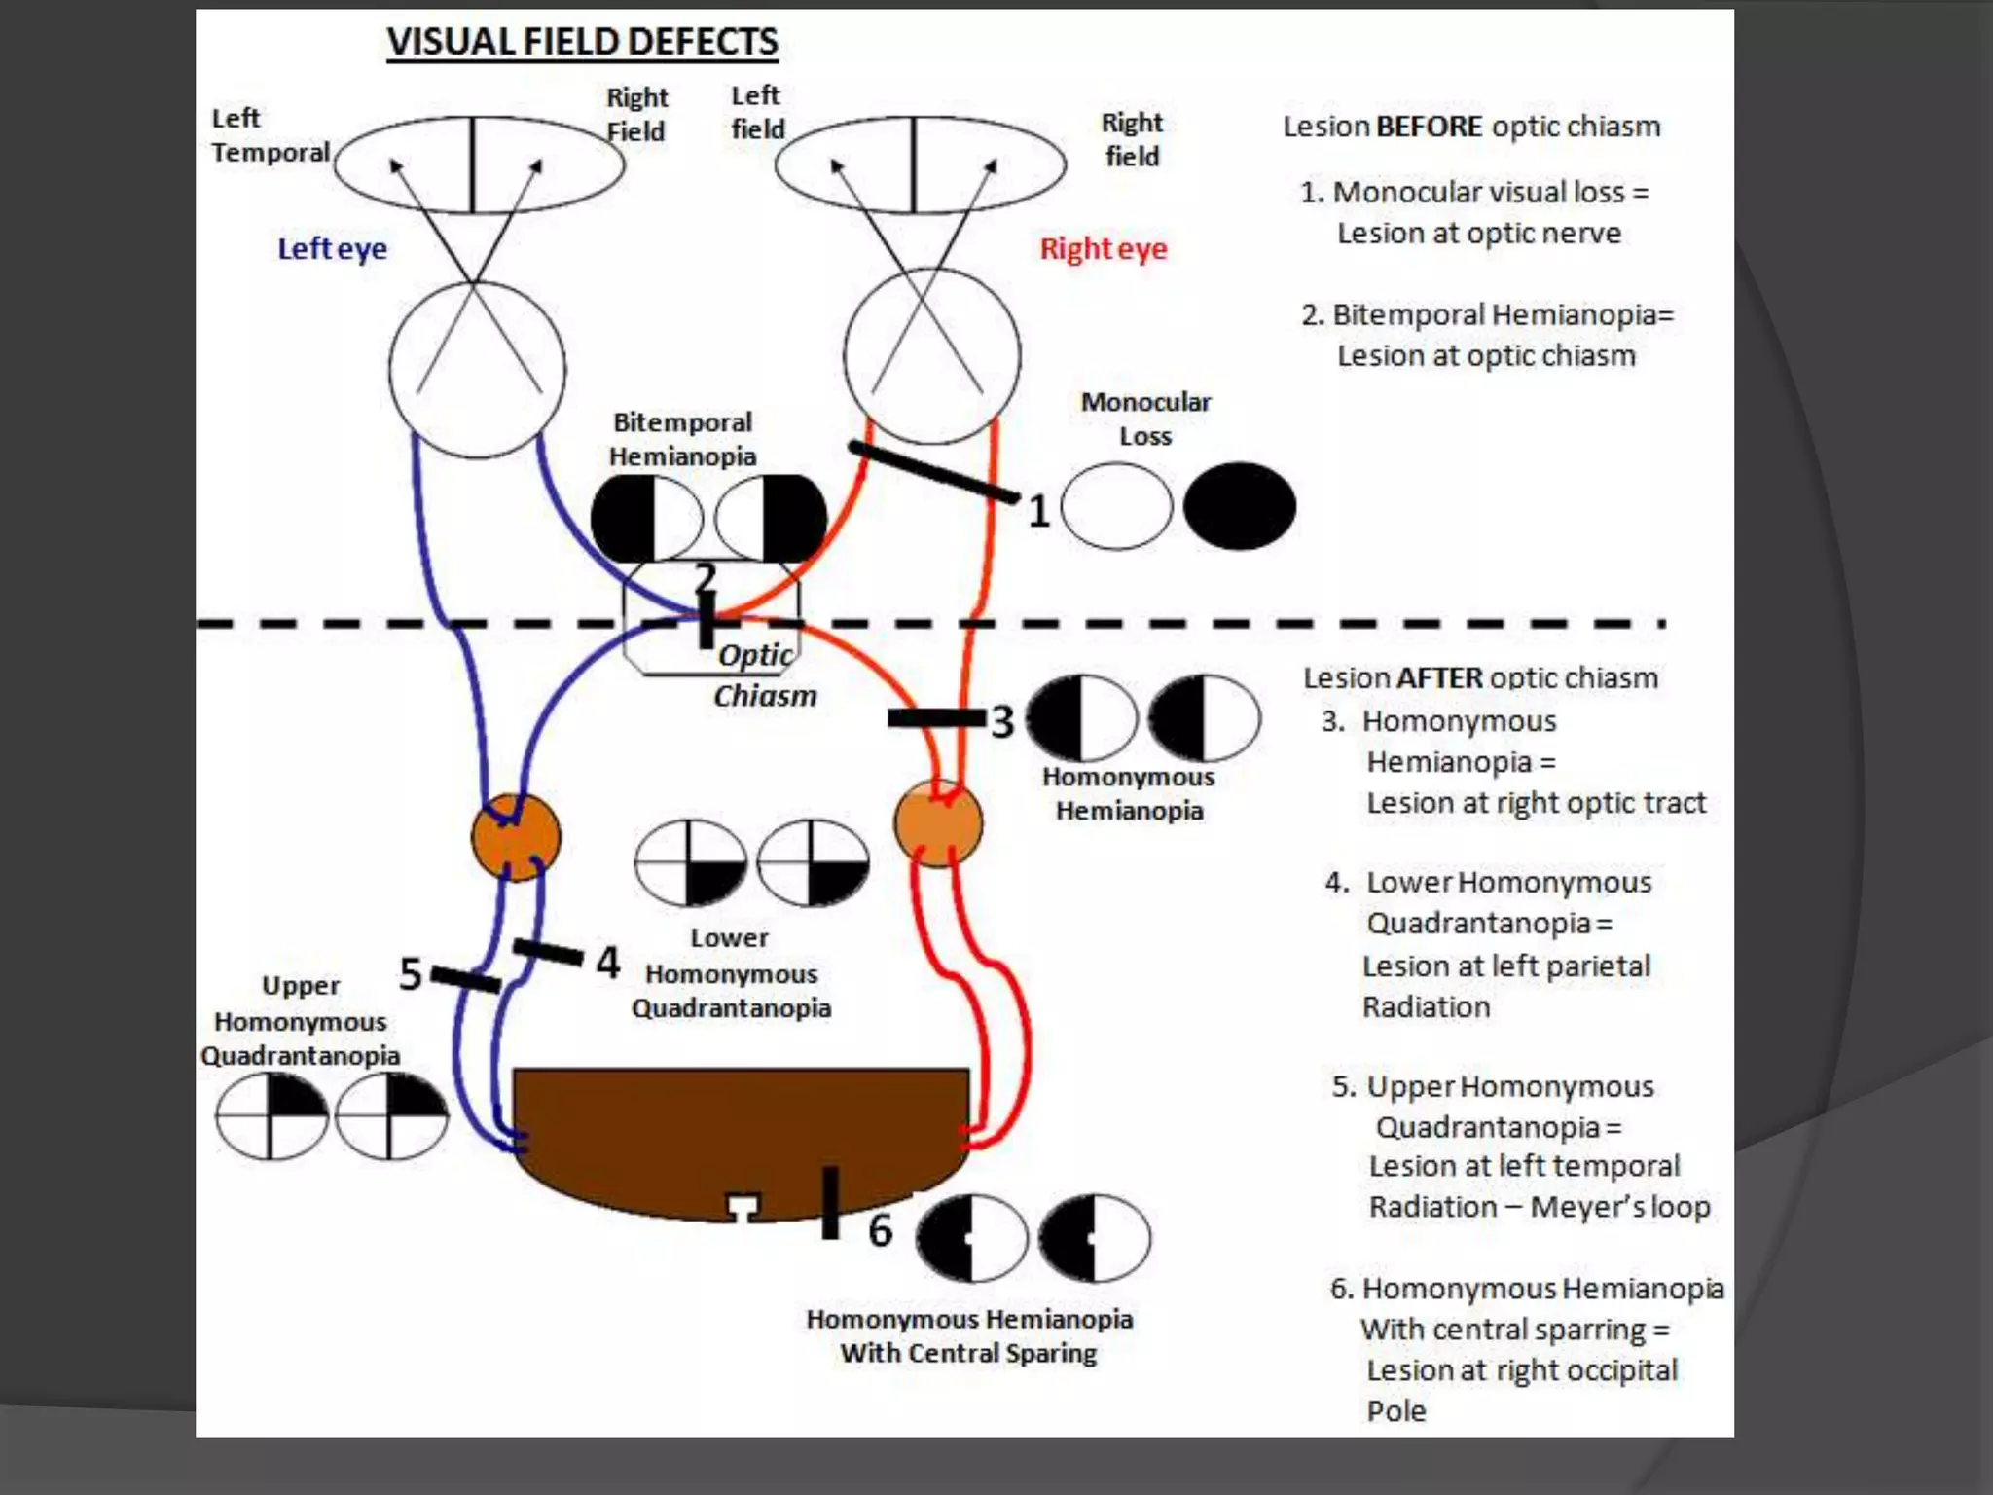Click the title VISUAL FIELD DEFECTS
tap(582, 42)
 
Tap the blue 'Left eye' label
tap(332, 249)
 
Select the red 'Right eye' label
tap(1103, 249)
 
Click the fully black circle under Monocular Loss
tap(1239, 506)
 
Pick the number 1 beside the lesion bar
tap(1038, 512)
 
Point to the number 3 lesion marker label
tap(1002, 722)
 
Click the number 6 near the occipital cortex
tap(880, 1230)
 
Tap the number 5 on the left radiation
tap(411, 974)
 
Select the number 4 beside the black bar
tap(608, 963)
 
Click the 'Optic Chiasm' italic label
tap(763, 675)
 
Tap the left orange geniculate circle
tap(516, 837)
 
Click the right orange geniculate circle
tap(938, 823)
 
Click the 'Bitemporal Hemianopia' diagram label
tap(682, 439)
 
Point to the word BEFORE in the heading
tap(1429, 127)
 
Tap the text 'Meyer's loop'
tap(1619, 1207)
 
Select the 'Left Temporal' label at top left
tap(270, 135)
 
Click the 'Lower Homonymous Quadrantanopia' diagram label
tap(731, 973)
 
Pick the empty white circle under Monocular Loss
tap(1116, 506)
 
